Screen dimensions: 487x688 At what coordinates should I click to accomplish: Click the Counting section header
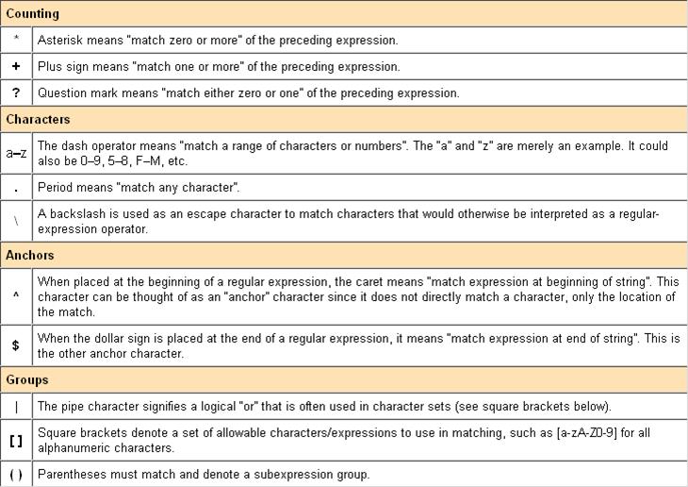pos(32,14)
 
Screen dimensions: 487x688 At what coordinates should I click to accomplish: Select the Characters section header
pos(38,120)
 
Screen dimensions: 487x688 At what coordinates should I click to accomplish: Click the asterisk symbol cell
pos(16,41)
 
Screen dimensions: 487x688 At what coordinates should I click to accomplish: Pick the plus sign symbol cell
pos(16,67)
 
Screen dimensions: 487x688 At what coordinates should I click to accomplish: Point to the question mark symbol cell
pos(16,93)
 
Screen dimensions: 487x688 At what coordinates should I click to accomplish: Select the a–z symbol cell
pos(16,153)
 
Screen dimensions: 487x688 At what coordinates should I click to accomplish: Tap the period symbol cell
pos(16,187)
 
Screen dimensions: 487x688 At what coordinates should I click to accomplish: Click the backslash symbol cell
pos(16,221)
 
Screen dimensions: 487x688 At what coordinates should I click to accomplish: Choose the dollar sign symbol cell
pos(16,344)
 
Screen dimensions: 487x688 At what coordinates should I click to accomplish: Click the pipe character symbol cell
pos(16,407)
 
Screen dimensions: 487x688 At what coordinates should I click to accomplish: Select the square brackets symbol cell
pos(16,440)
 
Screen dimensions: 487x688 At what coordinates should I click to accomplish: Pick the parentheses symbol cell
pos(16,474)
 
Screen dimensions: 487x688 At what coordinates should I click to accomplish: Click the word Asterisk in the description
pos(60,41)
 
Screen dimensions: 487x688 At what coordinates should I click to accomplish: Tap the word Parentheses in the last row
pos(73,474)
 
